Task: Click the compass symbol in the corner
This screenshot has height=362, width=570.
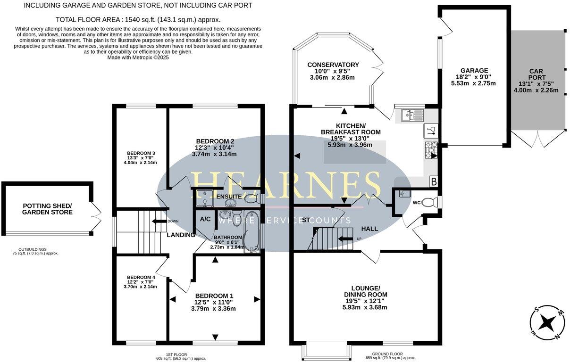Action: pyautogui.click(x=547, y=323)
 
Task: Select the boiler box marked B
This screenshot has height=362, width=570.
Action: pyautogui.click(x=433, y=181)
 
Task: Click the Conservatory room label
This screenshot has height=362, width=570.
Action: pyautogui.click(x=333, y=65)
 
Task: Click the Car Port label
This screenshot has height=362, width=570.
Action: pyautogui.click(x=537, y=74)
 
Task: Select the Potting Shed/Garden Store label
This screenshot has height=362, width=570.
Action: pyautogui.click(x=48, y=209)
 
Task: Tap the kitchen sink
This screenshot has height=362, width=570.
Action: pyautogui.click(x=412, y=115)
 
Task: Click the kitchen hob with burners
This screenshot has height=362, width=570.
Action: pyautogui.click(x=431, y=149)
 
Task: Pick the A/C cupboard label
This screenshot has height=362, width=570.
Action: pyautogui.click(x=205, y=219)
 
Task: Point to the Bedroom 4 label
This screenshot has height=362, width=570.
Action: pyautogui.click(x=141, y=277)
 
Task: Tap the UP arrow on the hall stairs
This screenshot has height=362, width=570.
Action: pyautogui.click(x=347, y=239)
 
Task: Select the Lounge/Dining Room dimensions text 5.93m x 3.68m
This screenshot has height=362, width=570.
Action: pyautogui.click(x=365, y=307)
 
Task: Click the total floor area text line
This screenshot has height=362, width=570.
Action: pyautogui.click(x=138, y=20)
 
